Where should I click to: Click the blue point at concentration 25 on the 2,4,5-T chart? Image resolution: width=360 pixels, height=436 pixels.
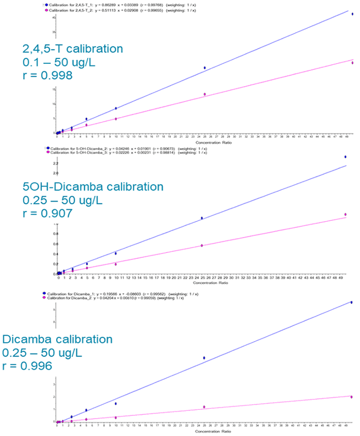coord(205,68)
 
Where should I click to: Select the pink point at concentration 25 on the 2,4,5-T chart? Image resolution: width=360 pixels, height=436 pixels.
coord(205,94)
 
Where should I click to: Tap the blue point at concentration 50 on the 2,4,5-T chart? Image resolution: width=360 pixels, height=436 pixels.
coord(352,14)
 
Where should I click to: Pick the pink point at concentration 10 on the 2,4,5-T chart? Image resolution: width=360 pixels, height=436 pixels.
coord(115,118)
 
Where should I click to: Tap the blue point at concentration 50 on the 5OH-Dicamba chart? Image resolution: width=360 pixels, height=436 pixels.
coord(345,157)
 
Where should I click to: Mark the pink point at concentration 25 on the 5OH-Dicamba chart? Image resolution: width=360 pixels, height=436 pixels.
coord(202,246)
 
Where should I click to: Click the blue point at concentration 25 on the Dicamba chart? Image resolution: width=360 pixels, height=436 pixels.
coord(204,358)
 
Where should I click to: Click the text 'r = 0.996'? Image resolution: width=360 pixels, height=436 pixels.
coord(28,366)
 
